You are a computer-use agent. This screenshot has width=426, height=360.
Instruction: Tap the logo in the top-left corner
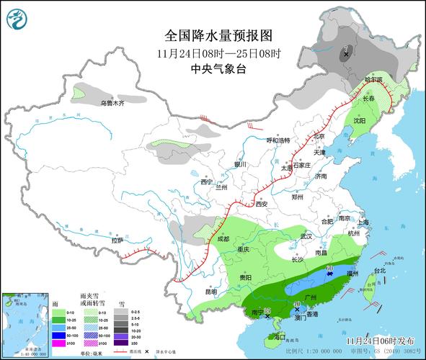click(15, 19)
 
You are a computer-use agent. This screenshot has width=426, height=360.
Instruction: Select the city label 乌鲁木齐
click(112, 104)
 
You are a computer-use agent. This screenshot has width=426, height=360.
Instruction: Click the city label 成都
click(221, 238)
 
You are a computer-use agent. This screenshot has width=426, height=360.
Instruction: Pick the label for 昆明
click(210, 292)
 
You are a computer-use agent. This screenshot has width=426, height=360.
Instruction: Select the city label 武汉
click(306, 236)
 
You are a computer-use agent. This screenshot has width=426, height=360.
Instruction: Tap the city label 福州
click(353, 274)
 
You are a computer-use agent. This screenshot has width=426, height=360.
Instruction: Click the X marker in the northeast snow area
click(346, 54)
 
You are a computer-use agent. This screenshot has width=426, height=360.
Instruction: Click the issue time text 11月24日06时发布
click(381, 340)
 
